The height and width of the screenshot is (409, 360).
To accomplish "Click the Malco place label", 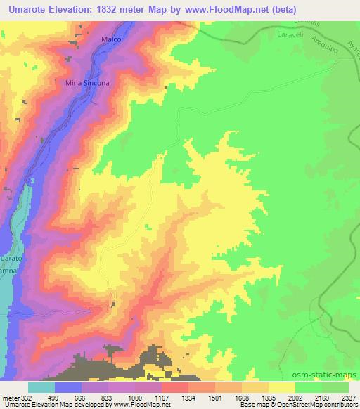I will [x=112, y=39].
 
